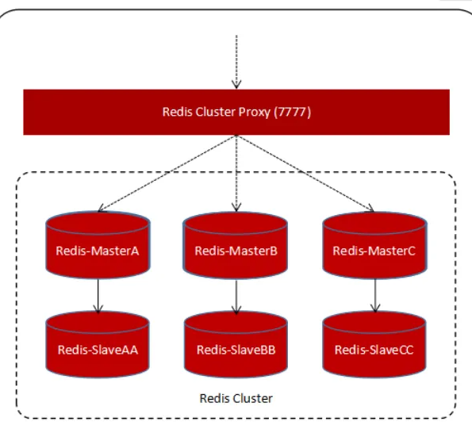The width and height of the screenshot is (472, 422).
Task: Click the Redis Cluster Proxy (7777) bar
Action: click(236, 112)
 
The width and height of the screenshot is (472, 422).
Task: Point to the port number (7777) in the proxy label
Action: click(294, 112)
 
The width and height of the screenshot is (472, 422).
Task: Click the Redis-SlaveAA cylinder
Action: click(97, 344)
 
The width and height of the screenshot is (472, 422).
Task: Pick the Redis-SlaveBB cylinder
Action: click(236, 344)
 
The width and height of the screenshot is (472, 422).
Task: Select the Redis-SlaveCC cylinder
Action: click(374, 344)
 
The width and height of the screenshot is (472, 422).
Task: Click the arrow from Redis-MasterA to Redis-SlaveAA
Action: click(97, 294)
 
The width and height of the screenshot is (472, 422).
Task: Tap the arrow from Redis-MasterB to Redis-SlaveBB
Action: click(236, 294)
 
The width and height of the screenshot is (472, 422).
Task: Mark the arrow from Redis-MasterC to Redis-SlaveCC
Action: click(374, 294)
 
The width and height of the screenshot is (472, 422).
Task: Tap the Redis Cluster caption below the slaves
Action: click(236, 397)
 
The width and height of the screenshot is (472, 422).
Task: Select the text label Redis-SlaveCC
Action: click(374, 350)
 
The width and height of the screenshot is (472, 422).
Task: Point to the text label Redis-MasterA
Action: click(97, 251)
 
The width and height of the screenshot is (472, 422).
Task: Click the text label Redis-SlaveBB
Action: click(236, 350)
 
